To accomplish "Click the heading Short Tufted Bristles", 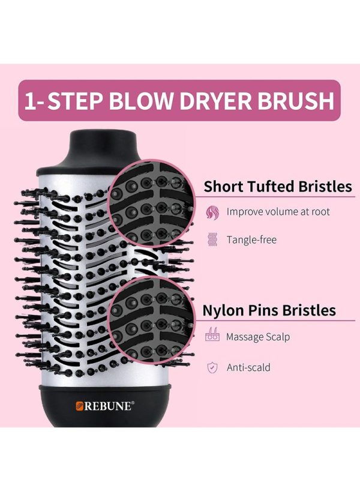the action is [278, 186].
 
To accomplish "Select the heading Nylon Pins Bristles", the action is [269, 310].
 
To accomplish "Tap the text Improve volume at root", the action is [278, 212].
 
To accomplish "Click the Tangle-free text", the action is [251, 240].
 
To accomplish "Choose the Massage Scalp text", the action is [258, 337].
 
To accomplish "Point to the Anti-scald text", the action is [248, 367].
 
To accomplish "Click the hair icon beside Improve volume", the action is [212, 212].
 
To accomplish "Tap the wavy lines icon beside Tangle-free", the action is [212, 240].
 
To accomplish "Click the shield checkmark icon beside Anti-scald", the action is [212, 367].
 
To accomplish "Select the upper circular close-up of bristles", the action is [152, 203].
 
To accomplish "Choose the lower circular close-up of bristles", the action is [151, 321].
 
